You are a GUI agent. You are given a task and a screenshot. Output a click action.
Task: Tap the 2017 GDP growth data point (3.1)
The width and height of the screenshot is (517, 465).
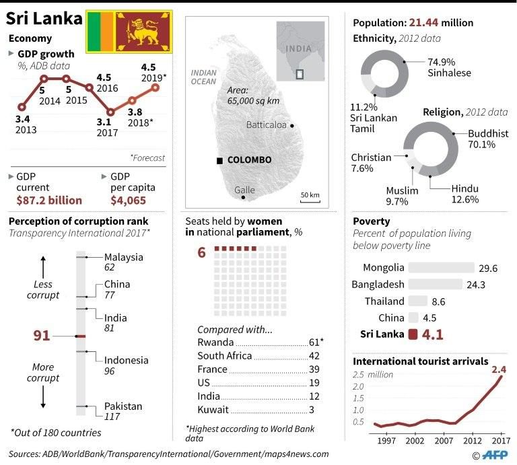110,112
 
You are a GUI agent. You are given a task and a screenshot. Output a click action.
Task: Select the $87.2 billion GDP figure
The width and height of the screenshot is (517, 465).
49,200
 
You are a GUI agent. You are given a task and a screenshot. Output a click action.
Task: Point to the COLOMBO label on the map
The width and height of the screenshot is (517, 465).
249,160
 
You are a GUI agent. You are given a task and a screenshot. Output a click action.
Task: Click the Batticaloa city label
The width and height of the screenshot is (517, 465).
266,125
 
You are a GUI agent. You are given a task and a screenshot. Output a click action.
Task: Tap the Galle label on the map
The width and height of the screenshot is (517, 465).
244,190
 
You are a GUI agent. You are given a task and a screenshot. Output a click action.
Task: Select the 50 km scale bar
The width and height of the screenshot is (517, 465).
310,196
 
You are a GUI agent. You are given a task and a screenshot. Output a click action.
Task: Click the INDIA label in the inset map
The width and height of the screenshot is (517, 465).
298,48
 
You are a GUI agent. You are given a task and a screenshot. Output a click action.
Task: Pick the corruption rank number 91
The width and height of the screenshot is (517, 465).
42,335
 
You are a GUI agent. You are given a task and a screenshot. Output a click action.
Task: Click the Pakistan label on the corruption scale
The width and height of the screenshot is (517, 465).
123,406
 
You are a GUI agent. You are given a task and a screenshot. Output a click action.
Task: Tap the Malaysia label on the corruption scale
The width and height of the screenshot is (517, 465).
123,256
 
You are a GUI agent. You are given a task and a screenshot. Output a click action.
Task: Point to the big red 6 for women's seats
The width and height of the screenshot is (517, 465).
201,252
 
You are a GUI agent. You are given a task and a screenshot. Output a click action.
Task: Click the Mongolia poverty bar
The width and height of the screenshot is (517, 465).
440,267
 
